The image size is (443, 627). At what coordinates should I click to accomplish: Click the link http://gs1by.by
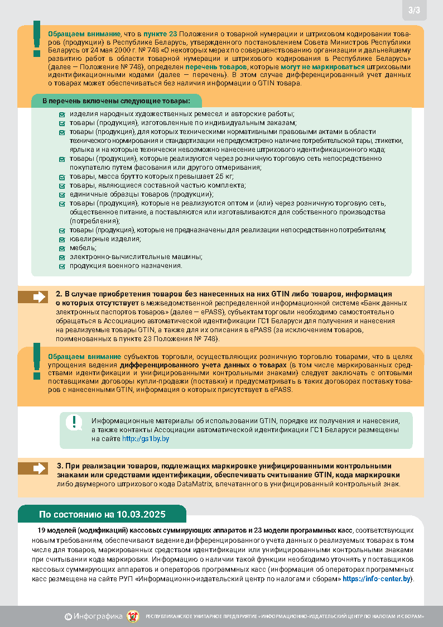coord(146,439)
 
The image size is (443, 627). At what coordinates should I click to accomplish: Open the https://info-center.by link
coord(377,578)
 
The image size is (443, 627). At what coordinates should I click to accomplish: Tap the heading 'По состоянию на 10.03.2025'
coord(102,514)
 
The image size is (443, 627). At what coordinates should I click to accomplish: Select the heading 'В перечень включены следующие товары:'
coord(116,101)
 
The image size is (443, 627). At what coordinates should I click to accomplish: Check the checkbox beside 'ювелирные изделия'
coord(62,239)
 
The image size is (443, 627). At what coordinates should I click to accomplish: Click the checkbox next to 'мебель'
coord(62,248)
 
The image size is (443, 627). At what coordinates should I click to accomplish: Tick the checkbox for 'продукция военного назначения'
coord(62,266)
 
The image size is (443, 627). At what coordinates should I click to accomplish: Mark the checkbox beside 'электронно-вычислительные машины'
coord(62,257)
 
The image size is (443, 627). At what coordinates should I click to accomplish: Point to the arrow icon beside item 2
coord(39,297)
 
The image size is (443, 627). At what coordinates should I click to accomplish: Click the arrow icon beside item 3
coord(39,468)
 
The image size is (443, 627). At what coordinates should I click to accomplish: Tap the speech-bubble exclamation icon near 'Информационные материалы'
coord(74,423)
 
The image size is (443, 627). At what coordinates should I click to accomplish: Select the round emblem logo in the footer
coord(133,616)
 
